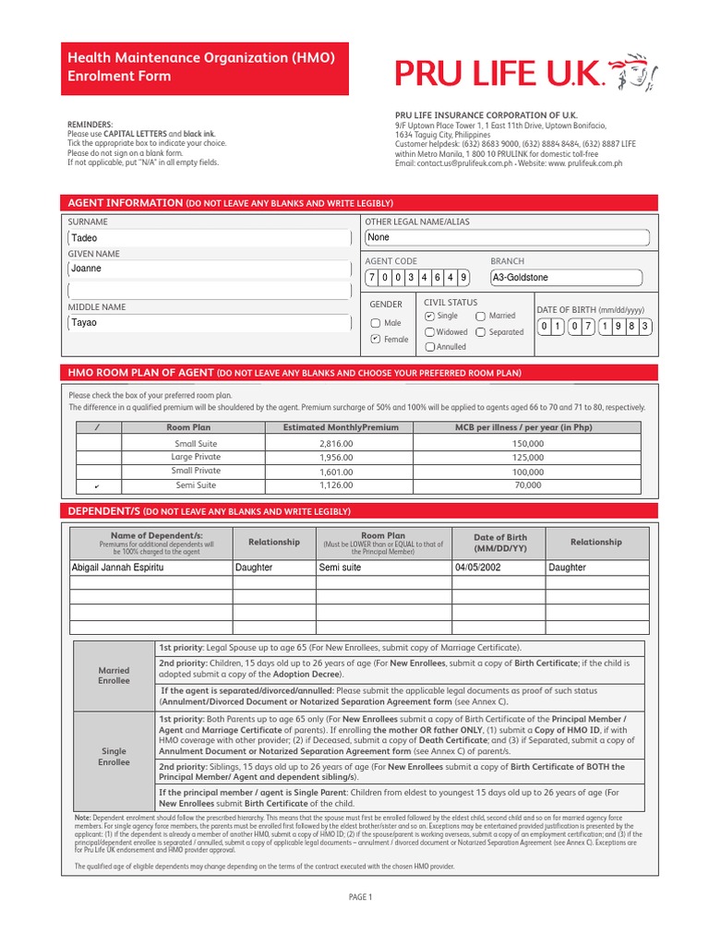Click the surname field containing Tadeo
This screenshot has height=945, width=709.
pos(210,238)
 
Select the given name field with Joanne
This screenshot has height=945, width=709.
pos(210,269)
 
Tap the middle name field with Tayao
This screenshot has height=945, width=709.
pos(210,323)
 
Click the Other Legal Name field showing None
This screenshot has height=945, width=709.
pos(507,238)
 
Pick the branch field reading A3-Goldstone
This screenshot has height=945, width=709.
pos(565,278)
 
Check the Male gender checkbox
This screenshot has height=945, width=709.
pos(376,323)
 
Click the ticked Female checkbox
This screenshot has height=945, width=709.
pos(376,340)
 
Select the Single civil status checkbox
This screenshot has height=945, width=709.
pos(430,317)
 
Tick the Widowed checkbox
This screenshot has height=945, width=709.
pos(430,332)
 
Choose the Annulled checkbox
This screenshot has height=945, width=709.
pos(430,348)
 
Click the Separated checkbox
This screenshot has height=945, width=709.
pos(481,332)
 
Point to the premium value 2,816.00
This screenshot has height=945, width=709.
pos(336,444)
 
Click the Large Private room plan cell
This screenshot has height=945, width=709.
pos(196,457)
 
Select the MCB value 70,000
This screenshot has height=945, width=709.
pos(528,484)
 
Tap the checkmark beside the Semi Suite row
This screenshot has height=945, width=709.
pos(97,485)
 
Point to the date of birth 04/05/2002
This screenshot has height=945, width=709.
pos(477,568)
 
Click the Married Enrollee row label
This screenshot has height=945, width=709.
pos(114,676)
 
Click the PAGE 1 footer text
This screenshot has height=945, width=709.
pos(359,897)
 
